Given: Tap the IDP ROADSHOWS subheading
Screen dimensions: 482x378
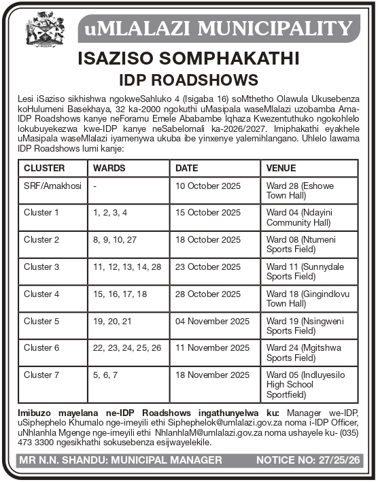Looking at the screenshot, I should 188,81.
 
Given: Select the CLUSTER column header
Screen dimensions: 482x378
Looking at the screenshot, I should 44,168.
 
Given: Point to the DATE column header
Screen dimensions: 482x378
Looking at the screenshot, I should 187,168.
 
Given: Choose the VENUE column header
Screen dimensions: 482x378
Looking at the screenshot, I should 281,168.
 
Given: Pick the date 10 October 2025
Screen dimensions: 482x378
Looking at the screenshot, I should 208,186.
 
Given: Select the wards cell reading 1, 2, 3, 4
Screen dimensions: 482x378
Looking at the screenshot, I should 110,213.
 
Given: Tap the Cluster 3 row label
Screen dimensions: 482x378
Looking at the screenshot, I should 41,266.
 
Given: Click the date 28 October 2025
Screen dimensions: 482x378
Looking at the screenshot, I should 208,294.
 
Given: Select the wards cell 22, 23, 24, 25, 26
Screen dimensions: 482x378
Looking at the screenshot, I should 127,348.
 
